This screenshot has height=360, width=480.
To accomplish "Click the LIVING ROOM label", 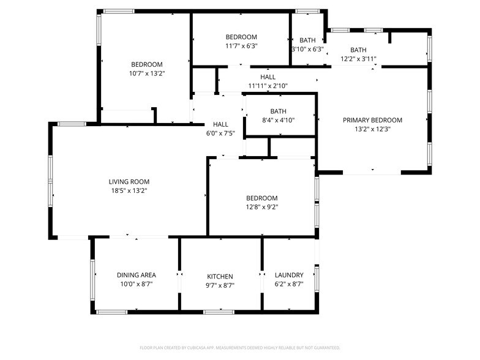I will click(x=129, y=182).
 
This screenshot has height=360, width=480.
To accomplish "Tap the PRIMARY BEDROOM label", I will click(x=372, y=120).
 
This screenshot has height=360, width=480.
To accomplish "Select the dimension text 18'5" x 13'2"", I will click(x=129, y=191).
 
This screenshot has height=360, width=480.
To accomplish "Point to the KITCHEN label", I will click(x=220, y=277).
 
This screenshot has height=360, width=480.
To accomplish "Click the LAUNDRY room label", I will click(x=289, y=276).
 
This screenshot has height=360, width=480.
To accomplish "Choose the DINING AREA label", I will click(x=136, y=276).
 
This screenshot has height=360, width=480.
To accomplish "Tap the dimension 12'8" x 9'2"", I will click(x=261, y=207).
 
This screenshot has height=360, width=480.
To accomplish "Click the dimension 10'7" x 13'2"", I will click(x=147, y=73).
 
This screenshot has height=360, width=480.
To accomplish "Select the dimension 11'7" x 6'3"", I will click(x=241, y=45).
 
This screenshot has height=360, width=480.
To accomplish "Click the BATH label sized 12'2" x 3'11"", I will click(x=358, y=50).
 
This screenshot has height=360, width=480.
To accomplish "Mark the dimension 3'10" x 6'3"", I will click(x=307, y=50).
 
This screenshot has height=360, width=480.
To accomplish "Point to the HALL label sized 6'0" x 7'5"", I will click(x=220, y=124).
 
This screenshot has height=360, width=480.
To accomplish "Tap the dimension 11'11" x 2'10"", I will click(x=268, y=86).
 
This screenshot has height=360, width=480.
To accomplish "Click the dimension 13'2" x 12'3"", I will click(x=372, y=129).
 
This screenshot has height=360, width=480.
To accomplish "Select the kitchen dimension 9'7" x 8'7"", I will click(x=220, y=285).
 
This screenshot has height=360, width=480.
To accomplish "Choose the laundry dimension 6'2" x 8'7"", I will click(x=289, y=285).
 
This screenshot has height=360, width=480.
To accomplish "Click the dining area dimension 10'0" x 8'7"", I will click(x=136, y=285).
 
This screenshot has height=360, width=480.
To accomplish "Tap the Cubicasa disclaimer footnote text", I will click(x=239, y=348).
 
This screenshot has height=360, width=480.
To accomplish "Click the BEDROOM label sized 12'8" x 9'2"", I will click(x=261, y=198).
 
